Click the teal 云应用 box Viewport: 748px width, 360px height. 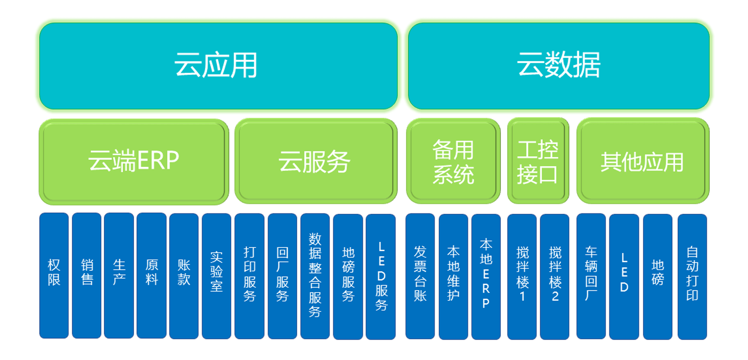click(x=218, y=66)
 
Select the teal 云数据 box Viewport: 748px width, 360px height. click(x=559, y=66)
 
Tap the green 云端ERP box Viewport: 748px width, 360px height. click(x=134, y=161)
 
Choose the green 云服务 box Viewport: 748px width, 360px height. click(x=316, y=161)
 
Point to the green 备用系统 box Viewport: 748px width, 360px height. click(x=453, y=161)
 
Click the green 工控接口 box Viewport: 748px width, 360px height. click(x=538, y=161)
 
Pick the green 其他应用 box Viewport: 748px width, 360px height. click(x=643, y=161)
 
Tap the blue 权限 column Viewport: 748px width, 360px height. click(x=54, y=276)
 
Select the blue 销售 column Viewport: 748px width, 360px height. click(x=87, y=276)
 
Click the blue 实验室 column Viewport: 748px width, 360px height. click(x=217, y=276)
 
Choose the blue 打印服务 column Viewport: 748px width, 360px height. click(x=250, y=276)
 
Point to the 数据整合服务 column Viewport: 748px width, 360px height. click(x=315, y=276)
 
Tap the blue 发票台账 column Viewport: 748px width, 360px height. click(x=420, y=276)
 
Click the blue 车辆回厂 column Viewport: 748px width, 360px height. click(x=591, y=276)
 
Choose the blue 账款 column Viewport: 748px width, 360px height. click(x=184, y=276)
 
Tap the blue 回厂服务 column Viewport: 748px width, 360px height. click(x=283, y=276)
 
